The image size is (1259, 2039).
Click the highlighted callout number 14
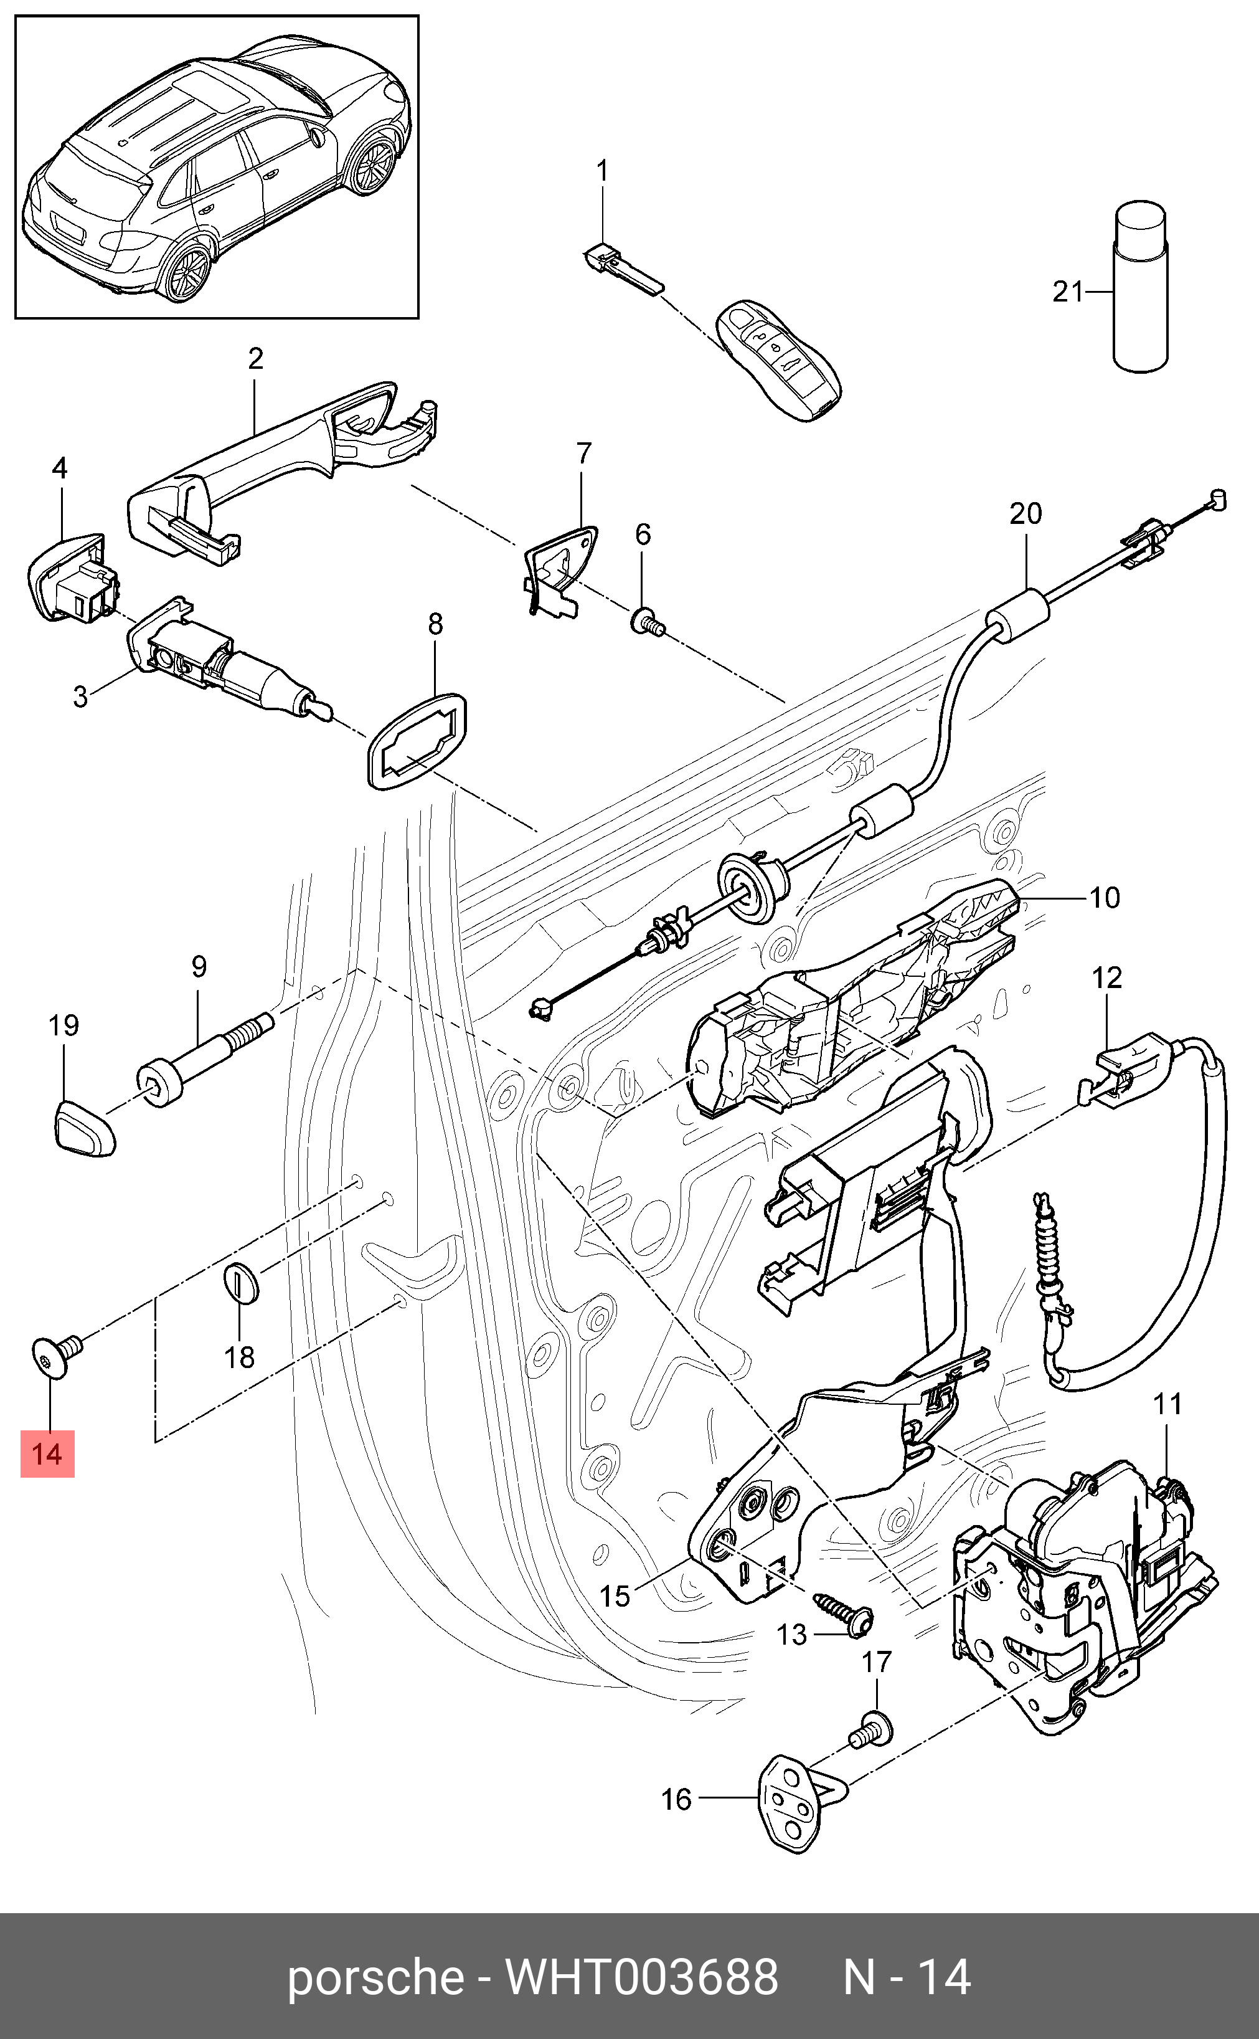tap(47, 1454)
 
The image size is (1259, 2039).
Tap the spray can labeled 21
tap(1140, 286)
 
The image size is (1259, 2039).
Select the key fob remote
tap(778, 361)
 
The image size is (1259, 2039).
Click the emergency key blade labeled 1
tap(622, 267)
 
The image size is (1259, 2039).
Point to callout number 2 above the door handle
tap(256, 358)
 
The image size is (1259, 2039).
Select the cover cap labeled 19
tap(84, 1127)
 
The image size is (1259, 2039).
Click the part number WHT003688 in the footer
tap(641, 1977)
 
